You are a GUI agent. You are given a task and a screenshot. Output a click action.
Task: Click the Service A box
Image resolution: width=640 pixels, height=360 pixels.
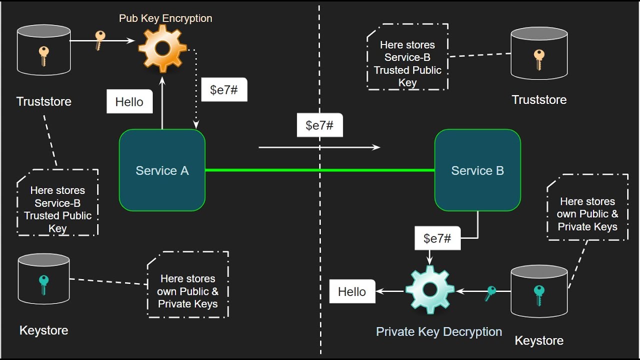point(162,170)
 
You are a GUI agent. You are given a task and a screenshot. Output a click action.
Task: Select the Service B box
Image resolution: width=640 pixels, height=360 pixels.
point(477,170)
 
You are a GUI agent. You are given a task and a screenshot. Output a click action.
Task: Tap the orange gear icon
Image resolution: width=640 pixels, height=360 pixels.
point(162,48)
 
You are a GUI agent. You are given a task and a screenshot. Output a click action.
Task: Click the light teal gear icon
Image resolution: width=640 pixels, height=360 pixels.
point(429,289)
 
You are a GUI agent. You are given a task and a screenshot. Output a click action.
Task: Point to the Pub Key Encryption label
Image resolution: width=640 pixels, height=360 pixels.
point(165,18)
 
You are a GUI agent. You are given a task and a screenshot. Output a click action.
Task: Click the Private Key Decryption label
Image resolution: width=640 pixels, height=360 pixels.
point(439,331)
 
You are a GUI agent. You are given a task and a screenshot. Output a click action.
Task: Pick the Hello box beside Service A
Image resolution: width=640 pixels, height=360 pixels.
point(129,102)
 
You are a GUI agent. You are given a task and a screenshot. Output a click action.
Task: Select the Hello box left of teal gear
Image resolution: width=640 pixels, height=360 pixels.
point(352,291)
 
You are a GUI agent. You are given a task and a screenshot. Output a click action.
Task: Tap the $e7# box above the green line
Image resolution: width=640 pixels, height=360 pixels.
point(319,125)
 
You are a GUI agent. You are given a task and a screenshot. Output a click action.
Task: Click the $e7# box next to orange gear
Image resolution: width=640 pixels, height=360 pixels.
point(224,90)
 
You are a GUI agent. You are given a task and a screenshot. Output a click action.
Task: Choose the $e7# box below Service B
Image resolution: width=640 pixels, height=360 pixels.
point(437,238)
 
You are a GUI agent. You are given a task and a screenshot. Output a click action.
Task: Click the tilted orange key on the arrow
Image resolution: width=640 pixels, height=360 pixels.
point(100,40)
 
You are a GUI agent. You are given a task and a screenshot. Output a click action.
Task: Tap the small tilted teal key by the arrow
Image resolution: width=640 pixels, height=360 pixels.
point(490,293)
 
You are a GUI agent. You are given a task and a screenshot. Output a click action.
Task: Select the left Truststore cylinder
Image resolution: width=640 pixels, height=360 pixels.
point(43,50)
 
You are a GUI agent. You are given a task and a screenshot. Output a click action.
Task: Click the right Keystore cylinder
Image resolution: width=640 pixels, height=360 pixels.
point(539,292)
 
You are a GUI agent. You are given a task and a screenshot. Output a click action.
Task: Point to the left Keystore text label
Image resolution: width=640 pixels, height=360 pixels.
point(43,330)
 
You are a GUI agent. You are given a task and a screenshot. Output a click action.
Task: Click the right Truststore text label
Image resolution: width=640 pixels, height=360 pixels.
point(539,99)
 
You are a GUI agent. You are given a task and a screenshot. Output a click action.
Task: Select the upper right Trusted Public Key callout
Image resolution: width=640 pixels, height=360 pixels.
point(407,57)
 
